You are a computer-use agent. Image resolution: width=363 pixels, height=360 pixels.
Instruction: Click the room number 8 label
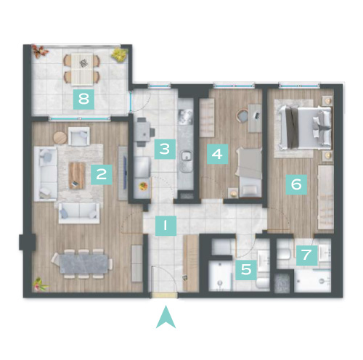tap(83, 99)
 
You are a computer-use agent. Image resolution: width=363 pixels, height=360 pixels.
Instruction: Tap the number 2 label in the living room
tap(102, 174)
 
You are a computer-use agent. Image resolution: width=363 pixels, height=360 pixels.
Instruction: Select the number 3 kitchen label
tap(165, 149)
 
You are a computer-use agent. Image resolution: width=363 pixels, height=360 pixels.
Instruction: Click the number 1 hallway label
tap(166, 226)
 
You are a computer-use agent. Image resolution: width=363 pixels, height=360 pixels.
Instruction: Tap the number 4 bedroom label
tap(217, 154)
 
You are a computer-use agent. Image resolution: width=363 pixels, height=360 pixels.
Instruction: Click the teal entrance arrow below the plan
tap(166, 317)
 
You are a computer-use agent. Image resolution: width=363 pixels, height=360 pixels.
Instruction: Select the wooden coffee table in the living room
tap(77, 176)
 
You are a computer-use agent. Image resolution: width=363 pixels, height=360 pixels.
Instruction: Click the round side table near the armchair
tap(60, 138)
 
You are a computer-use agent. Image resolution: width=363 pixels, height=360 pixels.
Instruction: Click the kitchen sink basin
tap(187, 156)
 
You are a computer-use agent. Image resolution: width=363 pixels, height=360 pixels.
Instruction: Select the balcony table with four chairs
tap(82, 69)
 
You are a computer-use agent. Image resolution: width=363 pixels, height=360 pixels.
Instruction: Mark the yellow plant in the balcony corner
tap(119, 55)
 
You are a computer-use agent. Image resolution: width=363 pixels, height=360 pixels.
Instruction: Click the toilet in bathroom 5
tap(263, 283)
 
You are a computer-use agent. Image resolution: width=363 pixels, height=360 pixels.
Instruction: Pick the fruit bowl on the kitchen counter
tap(144, 187)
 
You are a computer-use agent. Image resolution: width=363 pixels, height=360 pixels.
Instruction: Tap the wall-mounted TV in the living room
tap(125, 173)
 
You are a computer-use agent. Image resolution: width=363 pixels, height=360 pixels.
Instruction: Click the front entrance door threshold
tap(163, 295)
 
